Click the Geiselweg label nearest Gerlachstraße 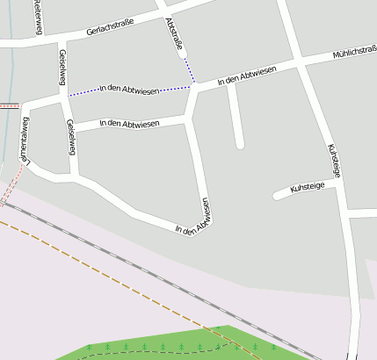tap(62, 67)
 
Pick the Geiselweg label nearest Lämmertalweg tap(70, 138)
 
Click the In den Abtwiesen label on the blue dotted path tap(129, 88)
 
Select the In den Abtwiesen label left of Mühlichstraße tap(246, 76)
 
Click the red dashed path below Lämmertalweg tap(11, 189)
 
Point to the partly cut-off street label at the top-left tap(37, 18)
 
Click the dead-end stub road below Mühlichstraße tap(236, 119)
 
